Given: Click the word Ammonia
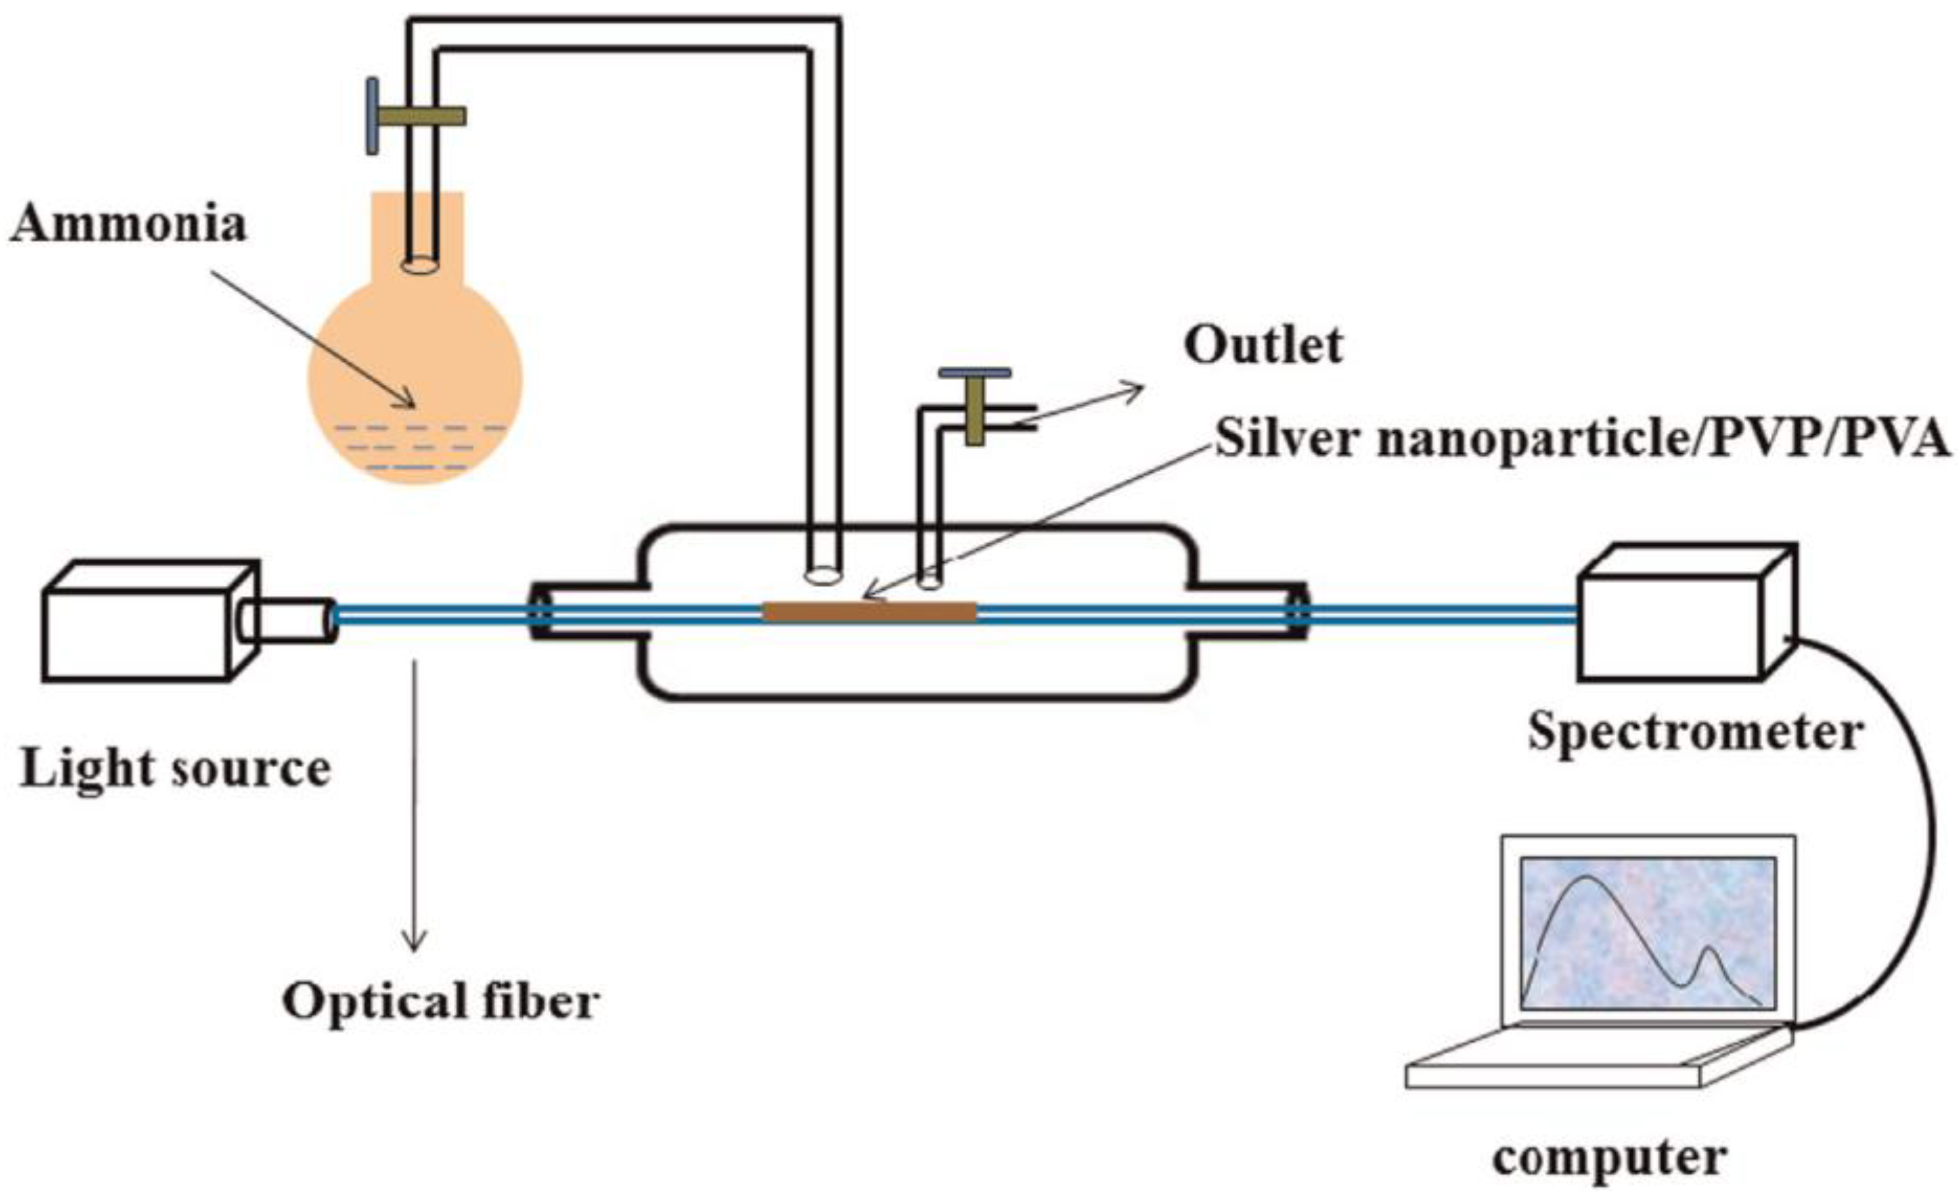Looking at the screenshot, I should tap(128, 224).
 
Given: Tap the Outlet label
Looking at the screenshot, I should tap(1263, 346).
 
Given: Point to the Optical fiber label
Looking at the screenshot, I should tap(440, 1002).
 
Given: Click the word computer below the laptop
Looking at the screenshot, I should tap(1610, 1158).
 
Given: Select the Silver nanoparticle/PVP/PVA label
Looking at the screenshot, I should tap(1582, 439).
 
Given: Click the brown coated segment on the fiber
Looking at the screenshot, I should tap(869, 612).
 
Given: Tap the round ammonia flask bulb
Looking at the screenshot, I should tap(415, 374).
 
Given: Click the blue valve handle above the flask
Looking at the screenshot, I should tap(372, 116).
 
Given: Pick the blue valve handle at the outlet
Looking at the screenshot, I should tap(975, 372).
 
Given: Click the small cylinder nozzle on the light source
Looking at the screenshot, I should tap(294, 619).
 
